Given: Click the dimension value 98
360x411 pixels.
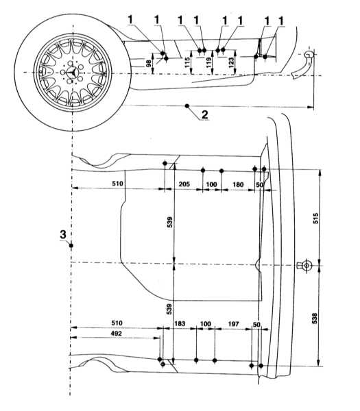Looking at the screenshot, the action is [x=149, y=63].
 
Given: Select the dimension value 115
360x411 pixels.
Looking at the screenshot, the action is [x=187, y=62].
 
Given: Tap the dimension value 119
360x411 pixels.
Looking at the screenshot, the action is [x=209, y=62].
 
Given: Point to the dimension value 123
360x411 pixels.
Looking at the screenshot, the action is [x=231, y=62].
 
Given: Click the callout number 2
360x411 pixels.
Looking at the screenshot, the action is [x=204, y=114].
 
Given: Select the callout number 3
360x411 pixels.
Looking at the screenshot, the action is [x=63, y=234].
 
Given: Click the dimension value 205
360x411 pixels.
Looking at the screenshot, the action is [x=184, y=184].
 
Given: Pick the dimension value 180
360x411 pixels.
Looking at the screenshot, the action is [x=238, y=184].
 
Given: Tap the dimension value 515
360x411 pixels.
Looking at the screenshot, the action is [x=315, y=218].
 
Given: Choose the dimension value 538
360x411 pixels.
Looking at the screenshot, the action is [x=315, y=319].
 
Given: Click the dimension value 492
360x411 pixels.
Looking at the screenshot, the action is [x=117, y=334].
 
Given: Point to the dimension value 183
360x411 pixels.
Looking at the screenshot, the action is [x=180, y=323].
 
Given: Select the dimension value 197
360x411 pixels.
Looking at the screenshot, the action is [x=233, y=324].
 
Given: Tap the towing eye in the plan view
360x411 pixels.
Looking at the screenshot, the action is [x=306, y=266].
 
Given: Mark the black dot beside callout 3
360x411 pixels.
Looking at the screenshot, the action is [x=71, y=245].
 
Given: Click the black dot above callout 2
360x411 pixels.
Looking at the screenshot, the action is [x=187, y=106].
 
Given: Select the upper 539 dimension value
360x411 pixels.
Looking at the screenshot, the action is [x=170, y=222].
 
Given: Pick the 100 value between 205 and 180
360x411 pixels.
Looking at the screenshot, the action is [x=211, y=184].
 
